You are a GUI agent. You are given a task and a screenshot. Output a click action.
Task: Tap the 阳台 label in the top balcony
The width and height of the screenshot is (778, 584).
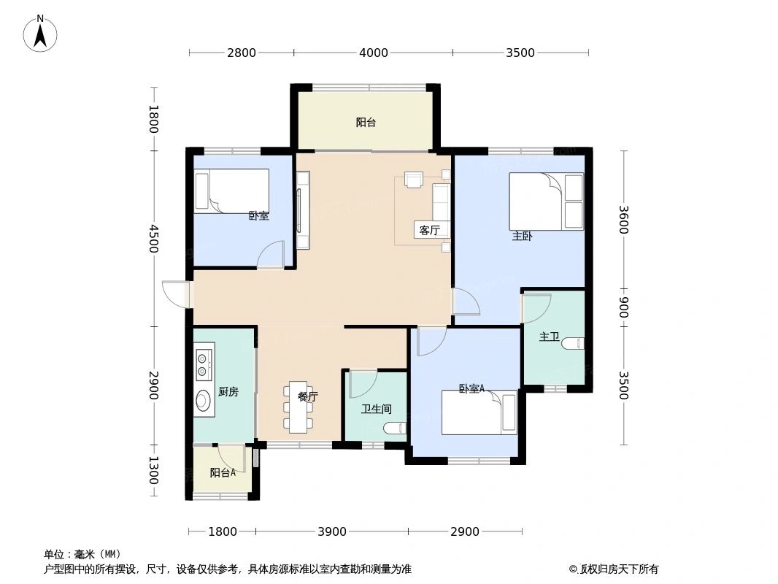(366, 123)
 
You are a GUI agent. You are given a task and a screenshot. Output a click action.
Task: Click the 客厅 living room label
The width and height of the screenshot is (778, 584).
(430, 231)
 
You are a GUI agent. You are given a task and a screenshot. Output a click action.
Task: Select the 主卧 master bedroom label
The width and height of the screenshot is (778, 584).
(522, 236)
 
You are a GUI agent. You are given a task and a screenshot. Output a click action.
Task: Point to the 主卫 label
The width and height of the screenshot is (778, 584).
(549, 337)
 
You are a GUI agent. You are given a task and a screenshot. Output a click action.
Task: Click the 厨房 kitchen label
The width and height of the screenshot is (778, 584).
(228, 392)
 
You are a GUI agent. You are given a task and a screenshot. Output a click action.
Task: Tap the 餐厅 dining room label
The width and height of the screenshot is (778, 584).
(308, 397)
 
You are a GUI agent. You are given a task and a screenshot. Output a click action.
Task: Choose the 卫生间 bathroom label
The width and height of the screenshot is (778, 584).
(377, 410)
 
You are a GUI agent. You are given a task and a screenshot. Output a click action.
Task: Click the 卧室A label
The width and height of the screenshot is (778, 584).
(471, 389)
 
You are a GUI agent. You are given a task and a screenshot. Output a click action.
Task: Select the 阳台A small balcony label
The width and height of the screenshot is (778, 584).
(223, 472)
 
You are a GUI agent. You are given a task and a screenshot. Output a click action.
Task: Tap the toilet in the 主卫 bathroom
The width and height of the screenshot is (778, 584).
(574, 342)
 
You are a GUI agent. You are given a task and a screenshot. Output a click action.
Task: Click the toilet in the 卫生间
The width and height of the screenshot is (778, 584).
(396, 429)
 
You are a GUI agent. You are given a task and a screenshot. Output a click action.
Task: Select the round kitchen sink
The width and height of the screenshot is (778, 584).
(202, 400)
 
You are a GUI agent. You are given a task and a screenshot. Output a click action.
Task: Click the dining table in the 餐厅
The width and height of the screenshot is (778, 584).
(298, 407)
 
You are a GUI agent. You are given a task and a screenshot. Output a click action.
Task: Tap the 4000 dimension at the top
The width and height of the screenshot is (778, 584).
(374, 53)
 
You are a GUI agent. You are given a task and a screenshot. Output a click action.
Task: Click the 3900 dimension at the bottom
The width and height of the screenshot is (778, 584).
(332, 531)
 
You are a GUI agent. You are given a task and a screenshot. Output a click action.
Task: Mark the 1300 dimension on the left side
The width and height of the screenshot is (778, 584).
(153, 470)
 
